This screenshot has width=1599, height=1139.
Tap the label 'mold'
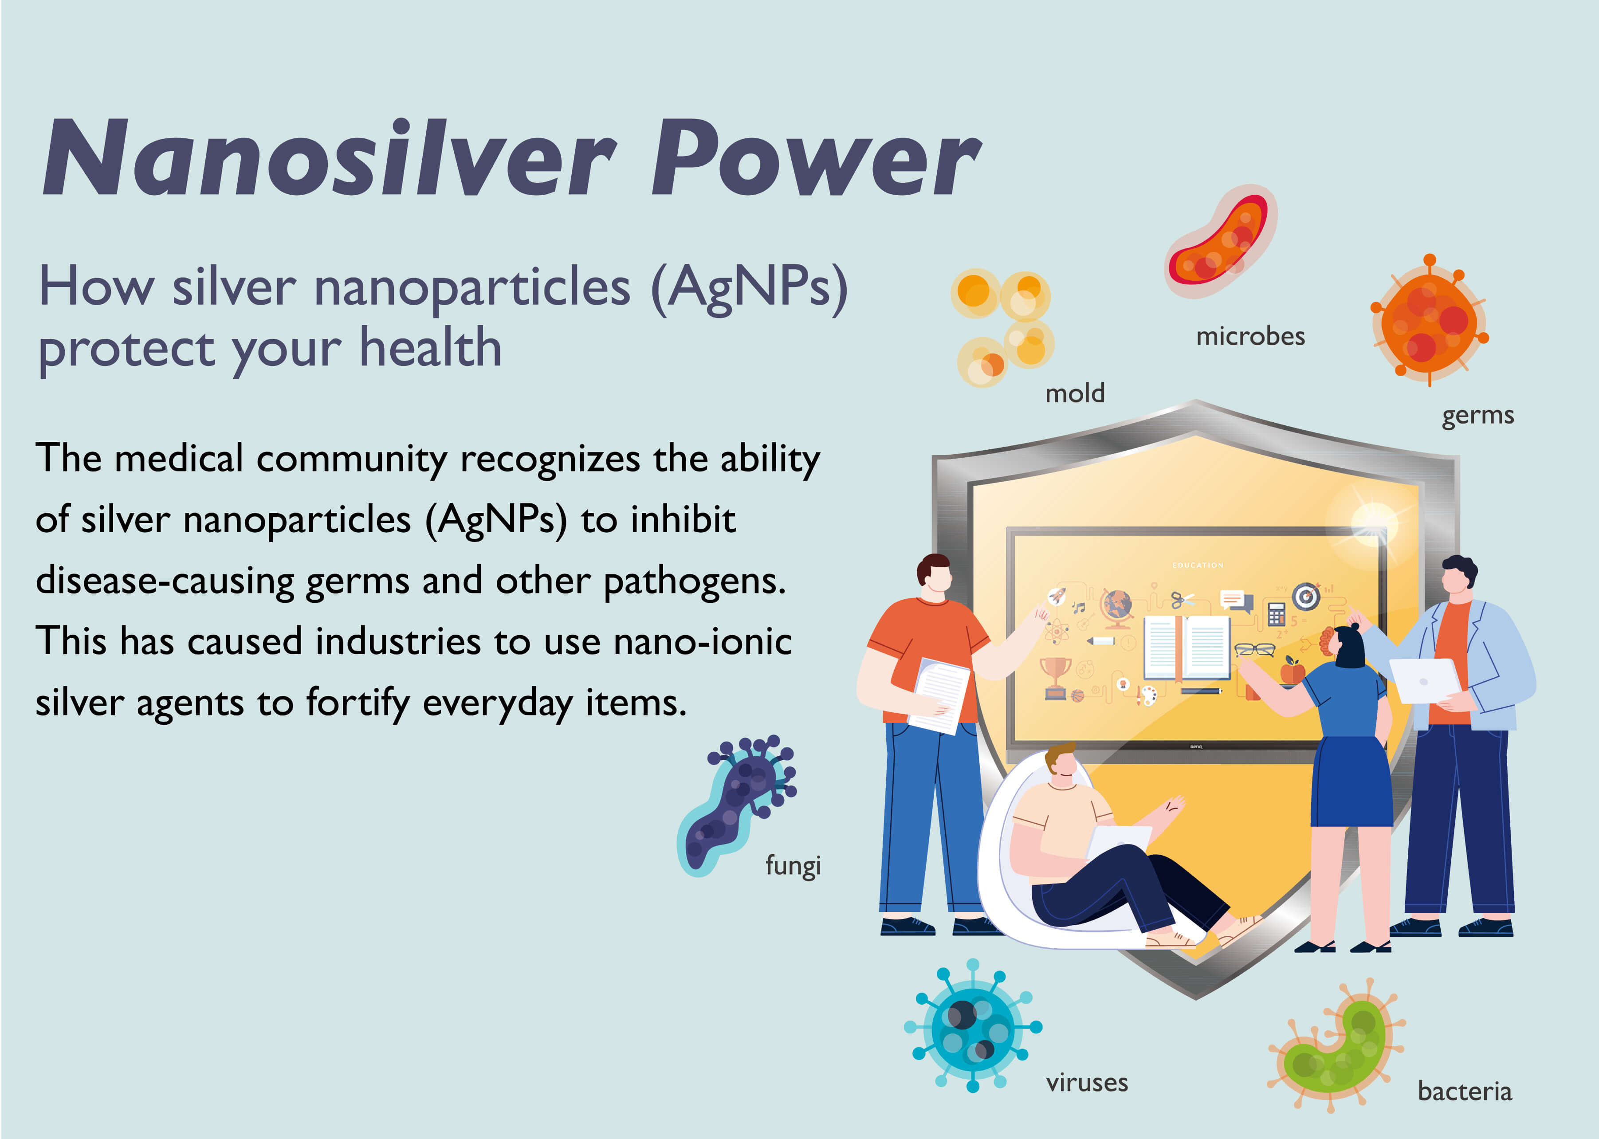pyautogui.click(x=1074, y=393)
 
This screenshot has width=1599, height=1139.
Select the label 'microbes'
pyautogui.click(x=1250, y=337)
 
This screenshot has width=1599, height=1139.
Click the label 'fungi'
pyautogui.click(x=793, y=865)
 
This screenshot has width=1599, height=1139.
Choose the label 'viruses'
pyautogui.click(x=1086, y=1083)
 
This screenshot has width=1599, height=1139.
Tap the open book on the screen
pyautogui.click(x=1186, y=647)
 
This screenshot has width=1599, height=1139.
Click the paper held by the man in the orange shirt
pyautogui.click(x=940, y=694)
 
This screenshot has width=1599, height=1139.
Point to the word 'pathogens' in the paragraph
pyautogui.click(x=694, y=581)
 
